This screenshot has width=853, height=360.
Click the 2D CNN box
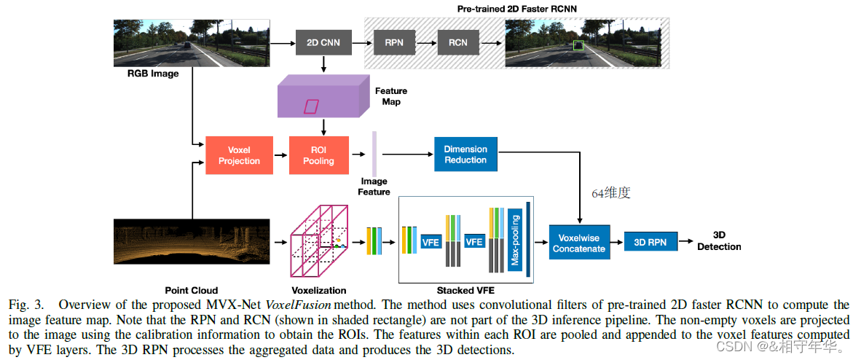(x=322, y=42)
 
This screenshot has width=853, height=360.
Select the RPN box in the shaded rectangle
(x=393, y=42)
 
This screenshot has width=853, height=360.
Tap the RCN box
(x=457, y=42)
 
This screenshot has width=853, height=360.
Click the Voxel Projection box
(x=239, y=155)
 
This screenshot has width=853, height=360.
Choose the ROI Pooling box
(x=318, y=155)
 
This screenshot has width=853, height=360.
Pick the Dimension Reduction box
(x=465, y=154)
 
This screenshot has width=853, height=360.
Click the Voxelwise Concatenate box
(x=578, y=243)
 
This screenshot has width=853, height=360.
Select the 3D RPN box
(x=650, y=242)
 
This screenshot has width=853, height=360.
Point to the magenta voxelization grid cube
(x=320, y=240)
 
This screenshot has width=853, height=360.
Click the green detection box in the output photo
(x=578, y=47)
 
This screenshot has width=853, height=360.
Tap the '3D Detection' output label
(x=718, y=241)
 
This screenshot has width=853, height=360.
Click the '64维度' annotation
(x=610, y=193)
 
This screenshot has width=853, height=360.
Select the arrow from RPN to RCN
(x=425, y=42)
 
